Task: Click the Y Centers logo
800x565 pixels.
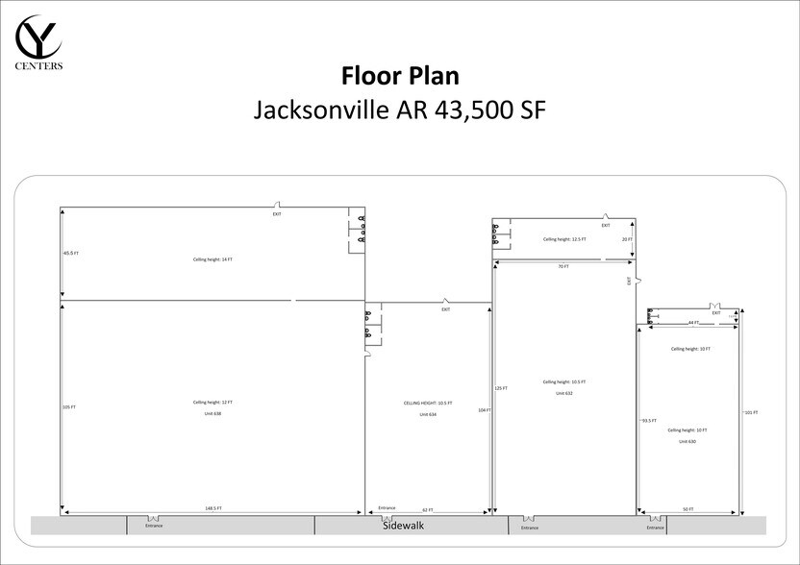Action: tap(39, 43)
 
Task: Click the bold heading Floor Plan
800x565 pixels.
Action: tap(399, 75)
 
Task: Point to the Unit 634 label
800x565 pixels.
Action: tap(427, 414)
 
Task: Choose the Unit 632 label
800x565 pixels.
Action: tap(564, 393)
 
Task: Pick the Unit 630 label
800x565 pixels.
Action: tap(687, 441)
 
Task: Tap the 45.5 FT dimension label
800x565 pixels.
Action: tap(70, 253)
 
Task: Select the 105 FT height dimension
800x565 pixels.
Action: tap(69, 407)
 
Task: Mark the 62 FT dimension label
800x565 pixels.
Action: tap(427, 509)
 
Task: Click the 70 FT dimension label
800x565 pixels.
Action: tap(563, 266)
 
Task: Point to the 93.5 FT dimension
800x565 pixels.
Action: tap(649, 420)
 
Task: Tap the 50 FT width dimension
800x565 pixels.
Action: tap(688, 509)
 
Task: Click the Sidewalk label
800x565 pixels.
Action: tap(403, 526)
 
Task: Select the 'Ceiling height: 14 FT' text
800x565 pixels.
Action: tap(212, 259)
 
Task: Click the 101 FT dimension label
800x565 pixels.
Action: tap(751, 412)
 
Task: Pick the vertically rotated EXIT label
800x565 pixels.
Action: tap(630, 282)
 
